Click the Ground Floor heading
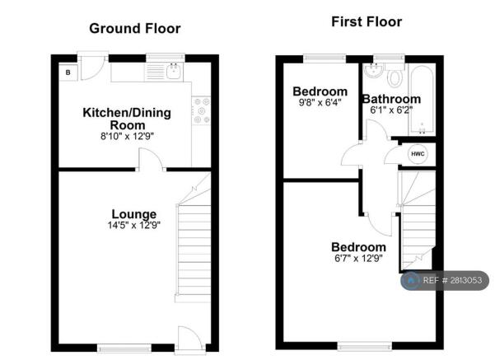[135, 29]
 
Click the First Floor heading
[367, 21]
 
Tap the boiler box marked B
[68, 72]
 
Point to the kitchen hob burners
[202, 110]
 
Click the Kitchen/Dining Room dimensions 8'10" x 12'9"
[127, 137]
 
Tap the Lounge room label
[134, 214]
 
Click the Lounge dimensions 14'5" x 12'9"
[134, 225]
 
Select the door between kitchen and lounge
[151, 160]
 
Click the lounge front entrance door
[189, 339]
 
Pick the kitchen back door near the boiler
[92, 68]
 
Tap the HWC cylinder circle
[418, 154]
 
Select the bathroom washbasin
[373, 70]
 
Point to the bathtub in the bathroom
[422, 100]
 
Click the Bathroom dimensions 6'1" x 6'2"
[391, 110]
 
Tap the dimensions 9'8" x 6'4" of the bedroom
[320, 102]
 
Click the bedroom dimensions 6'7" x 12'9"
[358, 259]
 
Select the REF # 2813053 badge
[445, 280]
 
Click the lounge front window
[124, 348]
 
